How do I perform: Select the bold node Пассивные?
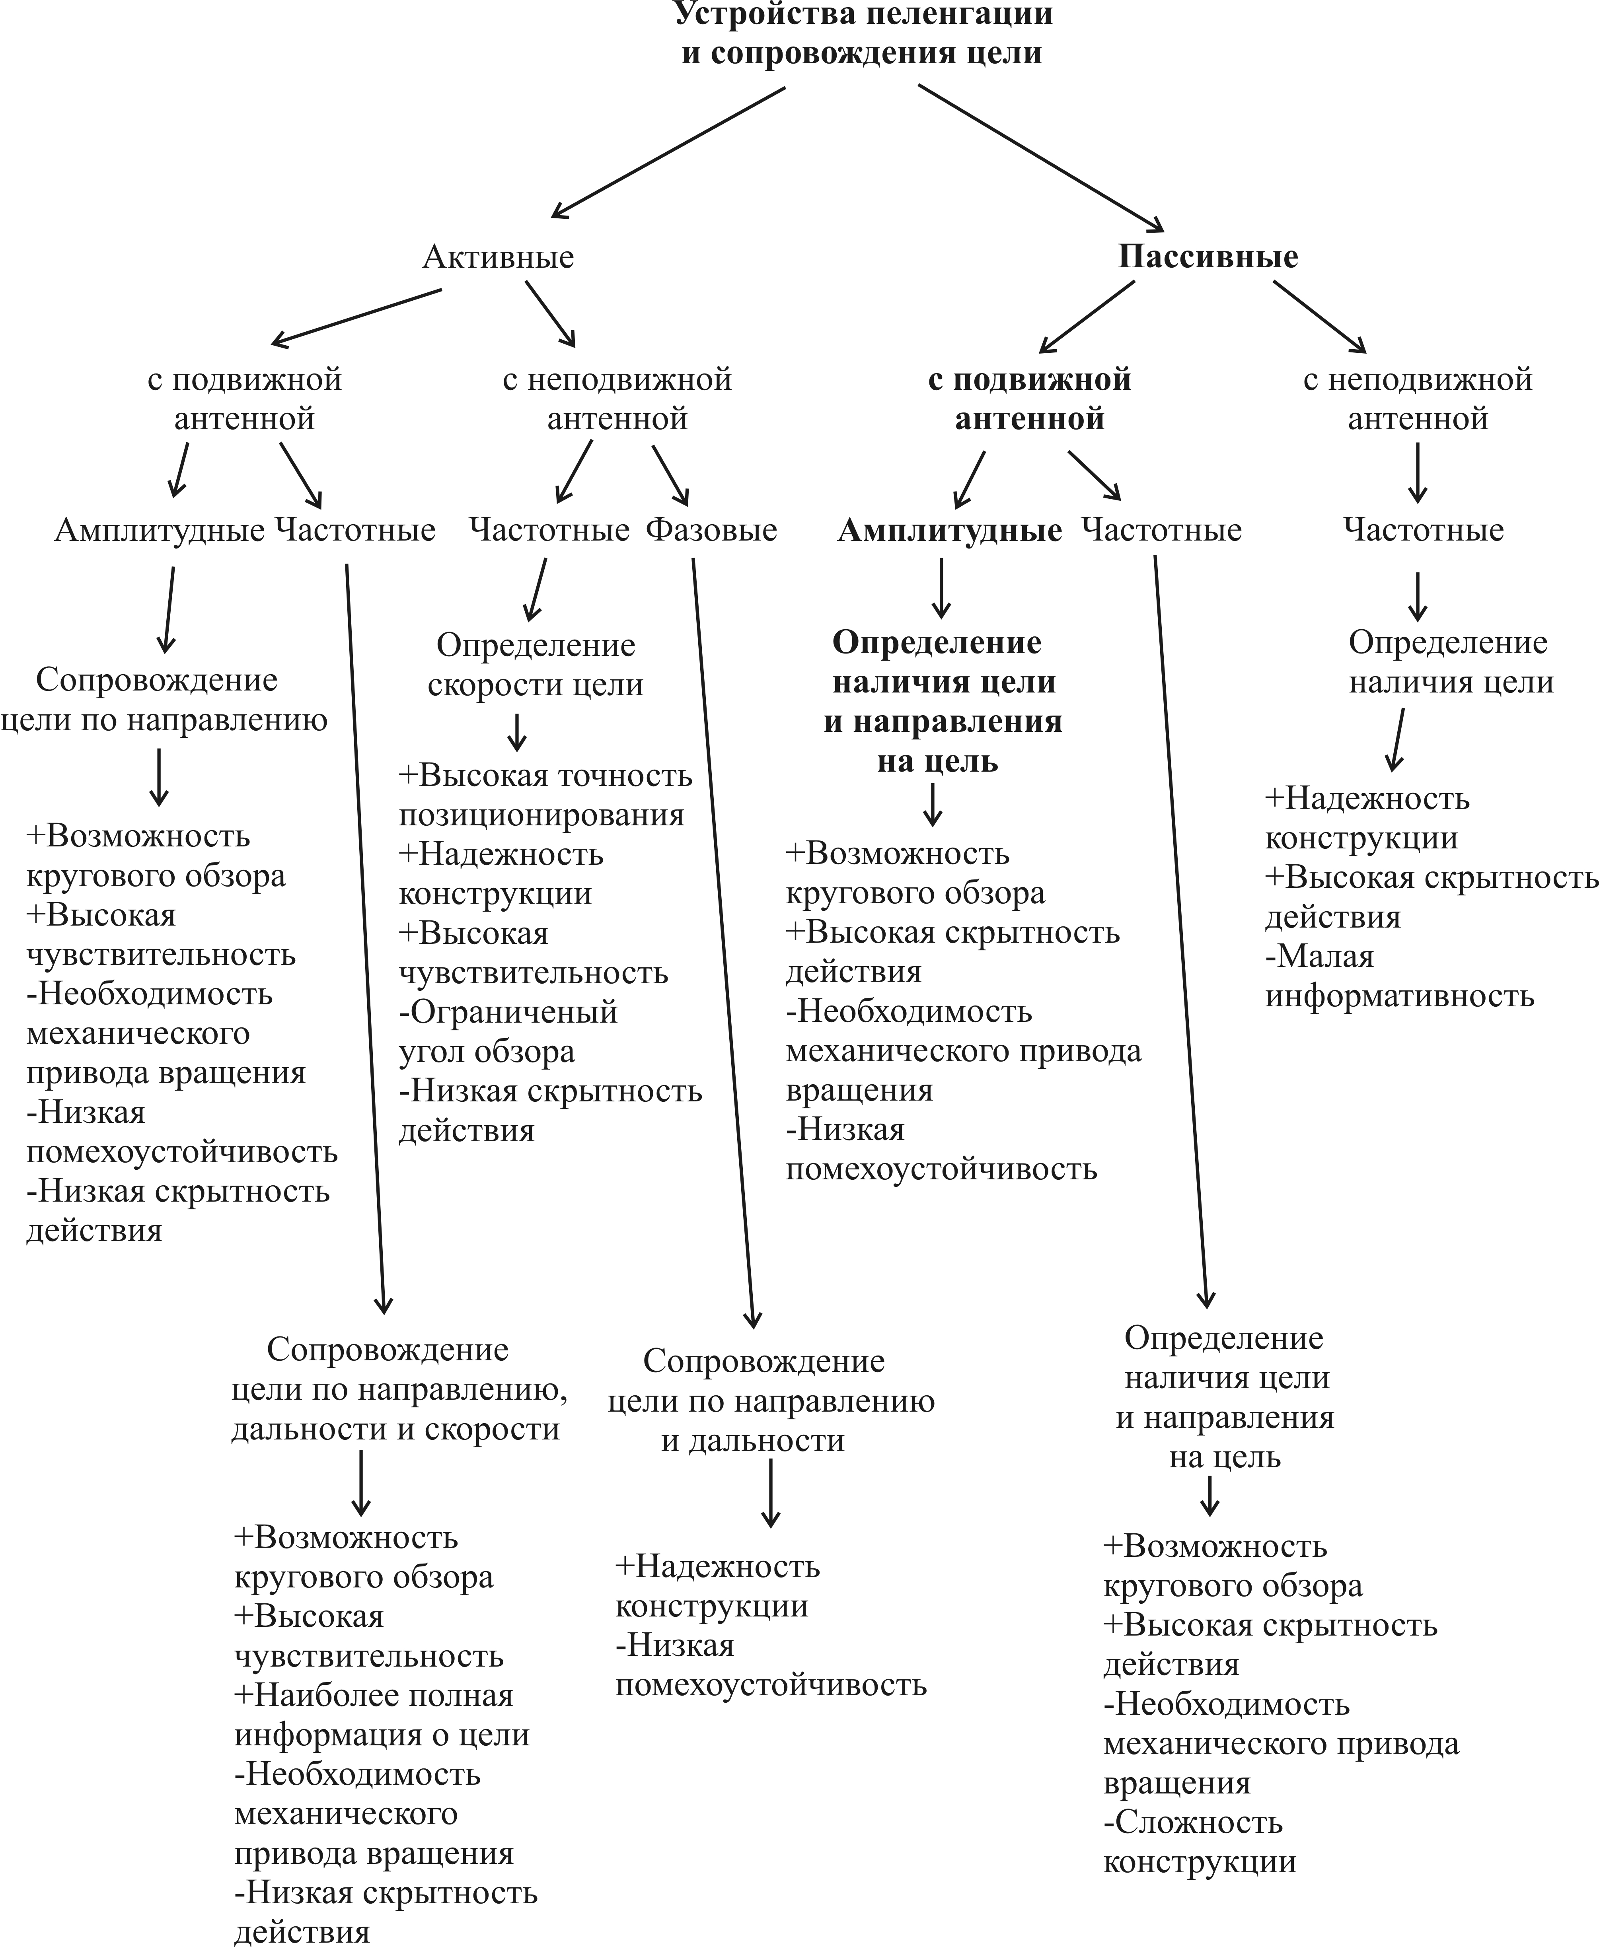point(1208,257)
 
